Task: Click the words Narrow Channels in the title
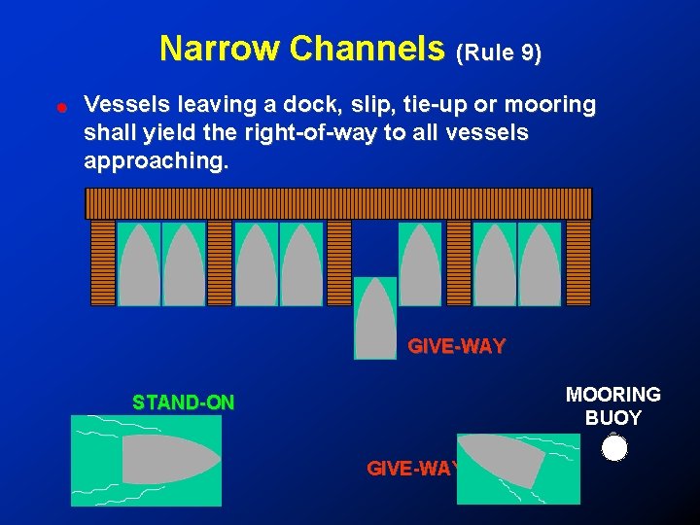[x=301, y=49]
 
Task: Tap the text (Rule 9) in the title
[x=499, y=53]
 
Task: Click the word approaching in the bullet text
[x=157, y=161]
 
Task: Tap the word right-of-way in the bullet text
[x=310, y=133]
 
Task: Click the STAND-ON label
[x=184, y=402]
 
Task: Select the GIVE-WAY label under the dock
[x=456, y=345]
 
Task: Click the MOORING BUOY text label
[x=613, y=406]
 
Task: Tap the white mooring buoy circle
[x=614, y=448]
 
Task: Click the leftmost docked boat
[x=138, y=264]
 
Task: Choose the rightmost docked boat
[x=541, y=264]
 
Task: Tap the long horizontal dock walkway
[x=338, y=203]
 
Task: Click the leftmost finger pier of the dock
[x=103, y=262]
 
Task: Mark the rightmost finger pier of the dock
[x=578, y=262]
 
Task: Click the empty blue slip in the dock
[x=374, y=247]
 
